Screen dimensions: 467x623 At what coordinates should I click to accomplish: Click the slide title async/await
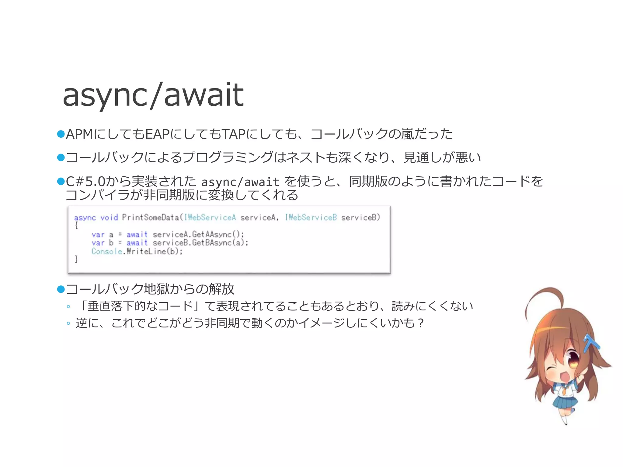pyautogui.click(x=153, y=95)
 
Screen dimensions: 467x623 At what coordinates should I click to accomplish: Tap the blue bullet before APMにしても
pyautogui.click(x=61, y=134)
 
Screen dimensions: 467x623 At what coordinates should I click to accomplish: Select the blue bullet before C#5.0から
pyautogui.click(x=61, y=182)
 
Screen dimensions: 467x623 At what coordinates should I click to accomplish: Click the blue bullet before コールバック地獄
pyautogui.click(x=61, y=289)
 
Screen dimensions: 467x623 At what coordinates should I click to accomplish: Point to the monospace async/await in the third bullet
pyautogui.click(x=240, y=182)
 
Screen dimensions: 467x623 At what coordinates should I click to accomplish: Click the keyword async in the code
pyautogui.click(x=85, y=218)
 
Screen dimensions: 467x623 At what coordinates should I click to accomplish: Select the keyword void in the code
pyautogui.click(x=109, y=218)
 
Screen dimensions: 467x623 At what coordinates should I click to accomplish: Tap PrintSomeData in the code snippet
pyautogui.click(x=151, y=217)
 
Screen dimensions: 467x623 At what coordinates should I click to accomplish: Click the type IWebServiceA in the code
pyautogui.click(x=210, y=217)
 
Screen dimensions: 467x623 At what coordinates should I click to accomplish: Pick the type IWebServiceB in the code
pyautogui.click(x=311, y=217)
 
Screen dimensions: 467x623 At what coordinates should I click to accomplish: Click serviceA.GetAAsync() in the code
pyautogui.click(x=198, y=234)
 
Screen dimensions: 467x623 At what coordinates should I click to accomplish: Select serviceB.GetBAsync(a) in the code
pyautogui.click(x=200, y=243)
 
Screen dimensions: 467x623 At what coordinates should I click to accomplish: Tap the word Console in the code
pyautogui.click(x=107, y=251)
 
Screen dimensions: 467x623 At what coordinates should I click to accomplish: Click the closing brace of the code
pyautogui.click(x=76, y=259)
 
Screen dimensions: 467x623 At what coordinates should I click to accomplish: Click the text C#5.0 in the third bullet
pyautogui.click(x=85, y=182)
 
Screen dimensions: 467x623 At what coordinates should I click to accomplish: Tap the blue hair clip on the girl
pyautogui.click(x=591, y=343)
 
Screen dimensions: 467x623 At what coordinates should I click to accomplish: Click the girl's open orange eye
pyautogui.click(x=573, y=360)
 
